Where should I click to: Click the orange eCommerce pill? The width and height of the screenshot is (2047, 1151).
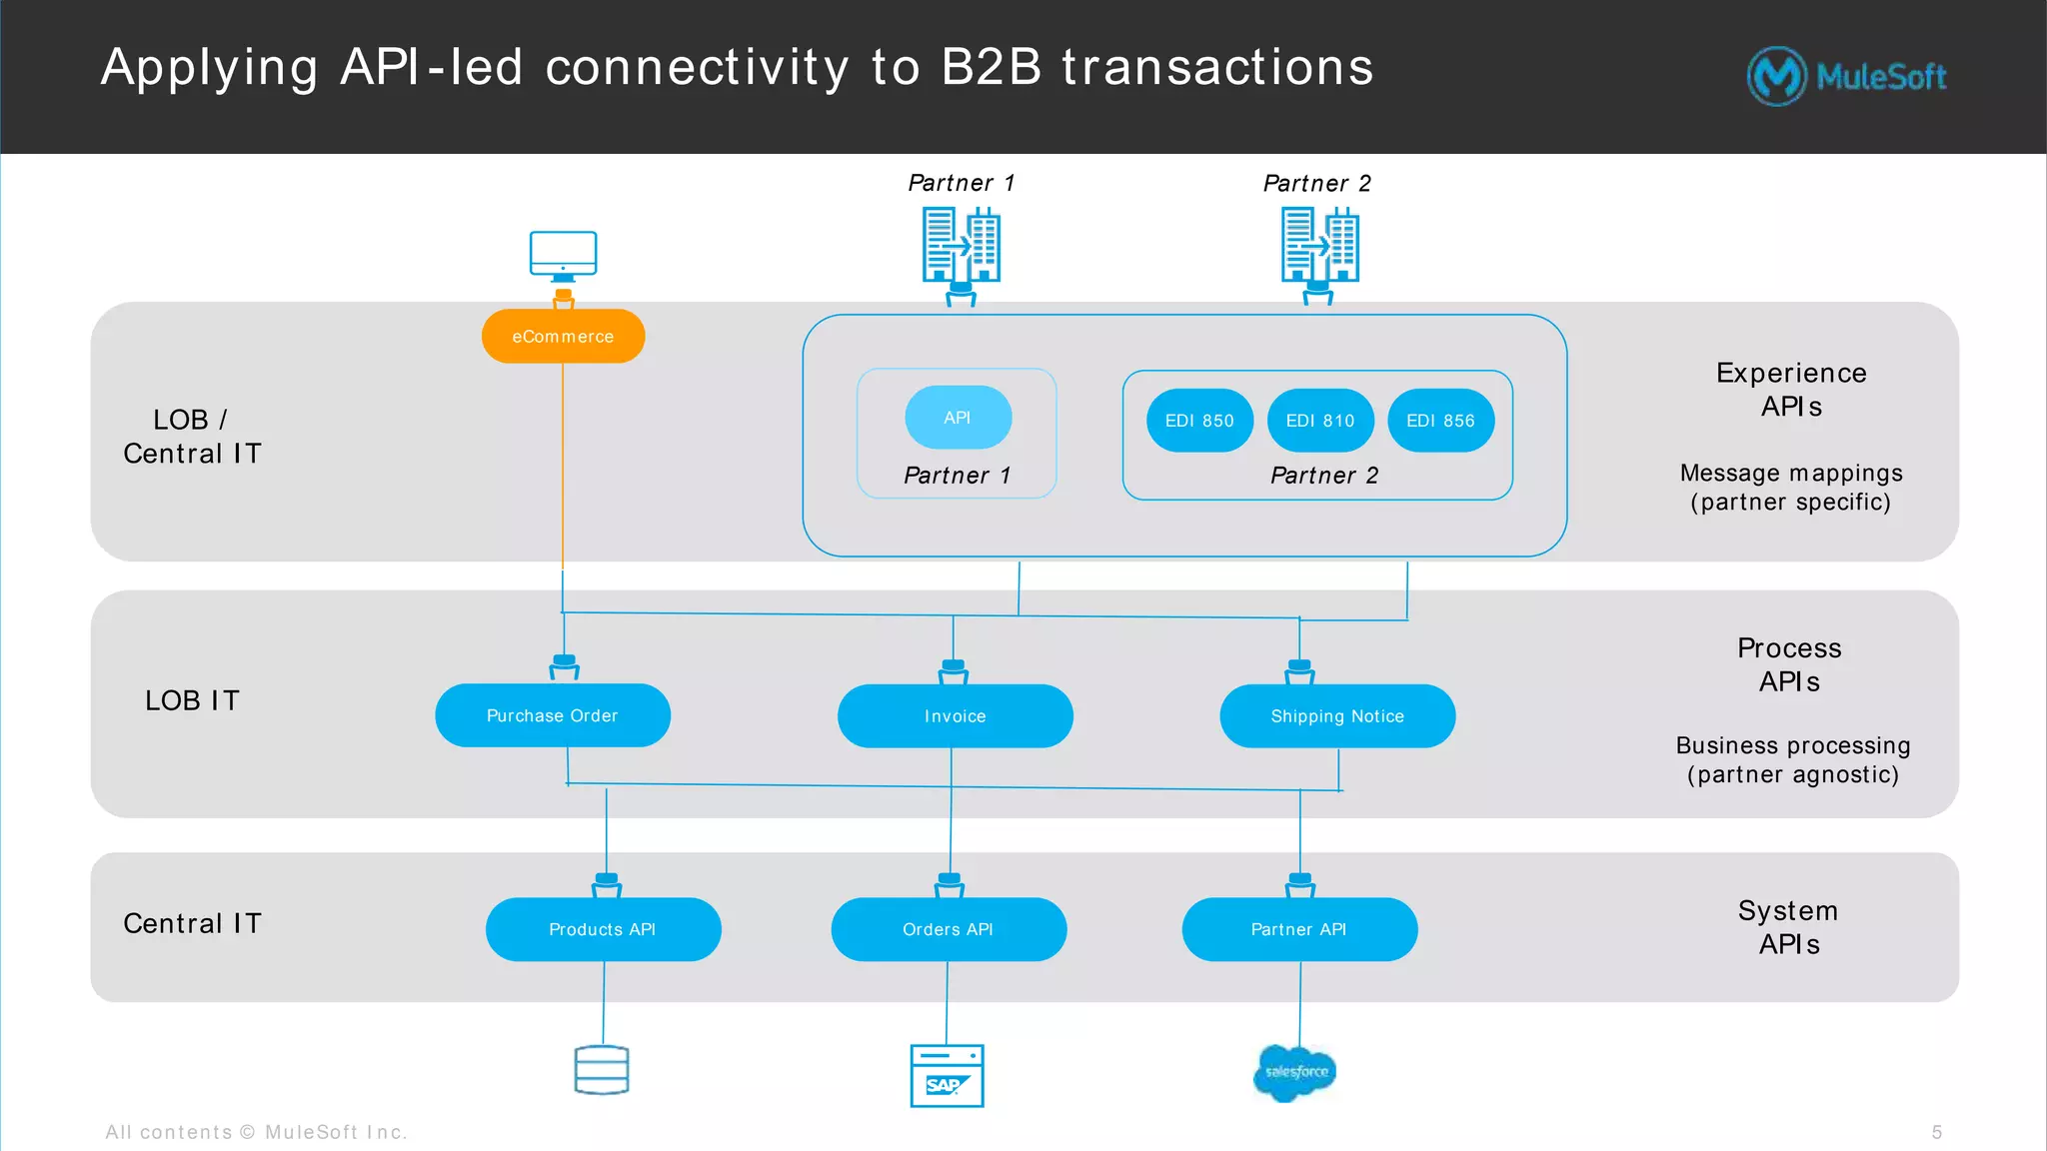[x=563, y=337]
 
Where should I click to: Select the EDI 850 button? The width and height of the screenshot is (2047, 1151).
[x=1199, y=421]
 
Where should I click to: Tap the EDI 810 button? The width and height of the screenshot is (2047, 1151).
[x=1320, y=421]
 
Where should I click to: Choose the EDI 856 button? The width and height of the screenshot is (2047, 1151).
[x=1440, y=421]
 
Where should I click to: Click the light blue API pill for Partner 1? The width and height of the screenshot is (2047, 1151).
[x=958, y=418]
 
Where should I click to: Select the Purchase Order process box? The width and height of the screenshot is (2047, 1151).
[x=553, y=715]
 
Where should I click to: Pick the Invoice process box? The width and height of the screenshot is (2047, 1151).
[x=955, y=716]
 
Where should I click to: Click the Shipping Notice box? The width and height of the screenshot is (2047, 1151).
[x=1337, y=716]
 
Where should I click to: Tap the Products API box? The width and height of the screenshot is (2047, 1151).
[x=603, y=929]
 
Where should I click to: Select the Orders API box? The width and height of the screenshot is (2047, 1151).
[x=948, y=929]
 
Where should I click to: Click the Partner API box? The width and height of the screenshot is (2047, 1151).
[x=1299, y=929]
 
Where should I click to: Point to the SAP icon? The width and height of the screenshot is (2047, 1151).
[x=947, y=1076]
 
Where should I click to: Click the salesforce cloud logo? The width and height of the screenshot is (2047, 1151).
[x=1295, y=1073]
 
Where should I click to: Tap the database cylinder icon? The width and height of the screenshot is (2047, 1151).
[x=602, y=1070]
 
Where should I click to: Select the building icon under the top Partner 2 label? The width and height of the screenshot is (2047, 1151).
[x=1319, y=246]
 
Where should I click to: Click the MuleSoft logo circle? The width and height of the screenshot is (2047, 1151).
[x=1776, y=76]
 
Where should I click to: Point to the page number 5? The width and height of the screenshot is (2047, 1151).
[x=1937, y=1132]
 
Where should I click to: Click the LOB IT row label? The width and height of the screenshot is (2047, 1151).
[x=192, y=700]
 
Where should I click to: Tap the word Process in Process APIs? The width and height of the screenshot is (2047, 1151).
[x=1789, y=648]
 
